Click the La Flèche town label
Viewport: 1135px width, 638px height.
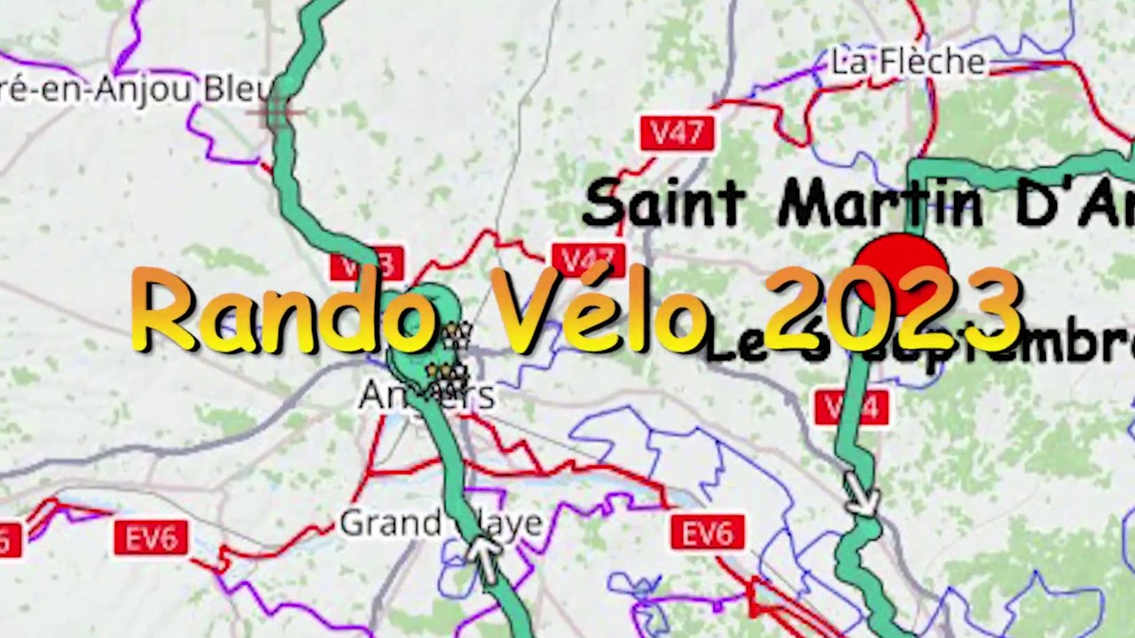pos(907,62)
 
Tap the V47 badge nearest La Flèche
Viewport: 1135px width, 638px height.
pos(677,134)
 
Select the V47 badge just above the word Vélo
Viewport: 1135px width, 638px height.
pos(589,260)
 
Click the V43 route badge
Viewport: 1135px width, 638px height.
pos(367,265)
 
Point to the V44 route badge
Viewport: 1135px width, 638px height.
pos(851,407)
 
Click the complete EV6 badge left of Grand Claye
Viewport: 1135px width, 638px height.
pos(151,537)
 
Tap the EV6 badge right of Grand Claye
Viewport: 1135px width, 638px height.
pos(708,533)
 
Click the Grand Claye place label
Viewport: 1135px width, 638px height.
pos(441,523)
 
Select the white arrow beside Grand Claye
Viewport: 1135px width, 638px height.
pos(483,556)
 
